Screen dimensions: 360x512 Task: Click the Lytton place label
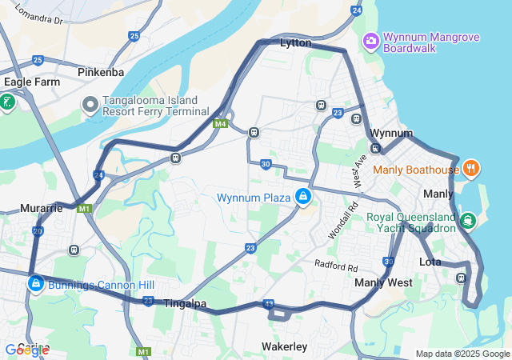pyautogui.click(x=296, y=43)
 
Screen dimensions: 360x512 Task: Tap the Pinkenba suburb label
pyautogui.click(x=101, y=72)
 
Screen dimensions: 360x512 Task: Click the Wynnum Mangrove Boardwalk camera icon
pyautogui.click(x=371, y=40)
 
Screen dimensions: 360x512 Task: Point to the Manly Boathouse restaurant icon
pyautogui.click(x=472, y=169)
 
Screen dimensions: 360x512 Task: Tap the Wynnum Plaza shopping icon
pyautogui.click(x=303, y=197)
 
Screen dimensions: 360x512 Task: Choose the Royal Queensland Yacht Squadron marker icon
pyautogui.click(x=467, y=219)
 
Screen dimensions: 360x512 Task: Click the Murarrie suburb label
pyautogui.click(x=42, y=208)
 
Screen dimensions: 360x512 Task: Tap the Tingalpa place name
pyautogui.click(x=185, y=304)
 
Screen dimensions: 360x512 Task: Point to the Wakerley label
pyautogui.click(x=284, y=346)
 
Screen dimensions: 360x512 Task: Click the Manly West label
pyautogui.click(x=383, y=282)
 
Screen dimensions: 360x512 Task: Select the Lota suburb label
pyautogui.click(x=431, y=262)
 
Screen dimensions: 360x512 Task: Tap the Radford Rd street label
pyautogui.click(x=336, y=265)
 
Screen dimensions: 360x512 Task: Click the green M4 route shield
pyautogui.click(x=221, y=124)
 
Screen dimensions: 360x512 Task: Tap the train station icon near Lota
pyautogui.click(x=462, y=278)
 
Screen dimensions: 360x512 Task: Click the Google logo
pyautogui.click(x=26, y=350)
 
